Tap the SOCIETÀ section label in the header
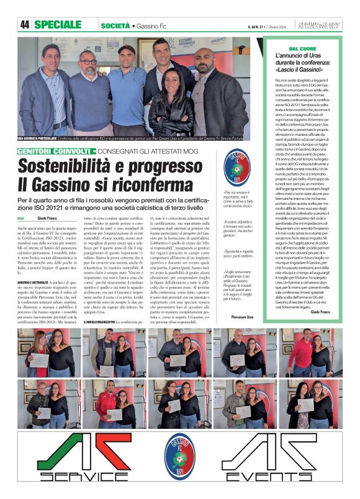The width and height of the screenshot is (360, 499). [115, 25]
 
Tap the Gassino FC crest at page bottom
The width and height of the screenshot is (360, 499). [180, 455]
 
